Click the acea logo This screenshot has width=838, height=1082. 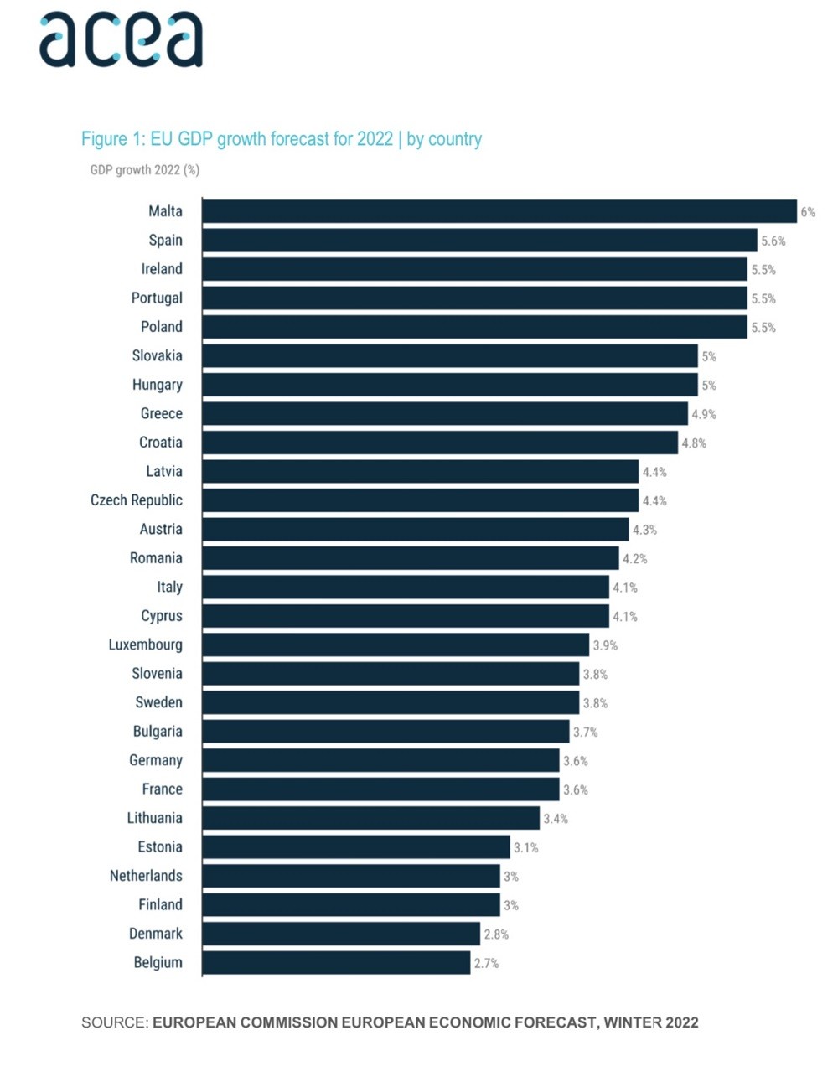pyautogui.click(x=121, y=39)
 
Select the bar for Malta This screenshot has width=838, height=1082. pyautogui.click(x=499, y=211)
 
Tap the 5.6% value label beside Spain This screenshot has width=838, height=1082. pyautogui.click(x=773, y=241)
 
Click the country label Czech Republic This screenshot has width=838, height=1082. pyautogui.click(x=137, y=500)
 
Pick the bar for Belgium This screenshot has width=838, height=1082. pyautogui.click(x=336, y=963)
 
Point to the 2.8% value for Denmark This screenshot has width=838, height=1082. pyautogui.click(x=496, y=934)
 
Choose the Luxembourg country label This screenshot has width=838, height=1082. pyautogui.click(x=145, y=645)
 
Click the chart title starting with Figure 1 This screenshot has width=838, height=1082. pyautogui.click(x=281, y=139)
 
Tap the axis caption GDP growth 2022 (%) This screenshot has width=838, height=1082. pyautogui.click(x=144, y=170)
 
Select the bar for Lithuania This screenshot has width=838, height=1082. pyautogui.click(x=370, y=818)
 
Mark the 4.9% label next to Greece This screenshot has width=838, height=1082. pyautogui.click(x=704, y=414)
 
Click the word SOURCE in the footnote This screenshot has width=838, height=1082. pyautogui.click(x=114, y=1022)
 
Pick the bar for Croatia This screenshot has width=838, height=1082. pyautogui.click(x=440, y=443)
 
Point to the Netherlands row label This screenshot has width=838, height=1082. pyautogui.click(x=146, y=876)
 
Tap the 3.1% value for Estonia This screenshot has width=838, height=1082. pyautogui.click(x=525, y=847)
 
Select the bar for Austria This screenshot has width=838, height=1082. pyautogui.click(x=415, y=529)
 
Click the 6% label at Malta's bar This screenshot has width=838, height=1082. pyautogui.click(x=808, y=212)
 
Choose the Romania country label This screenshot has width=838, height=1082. pyautogui.click(x=156, y=558)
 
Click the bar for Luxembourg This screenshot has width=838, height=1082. pyautogui.click(x=395, y=645)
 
